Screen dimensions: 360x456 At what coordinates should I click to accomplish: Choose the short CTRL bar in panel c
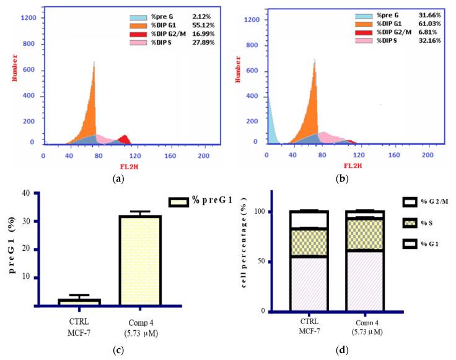(80, 302)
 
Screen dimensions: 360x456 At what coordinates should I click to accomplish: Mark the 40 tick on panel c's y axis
(26, 193)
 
